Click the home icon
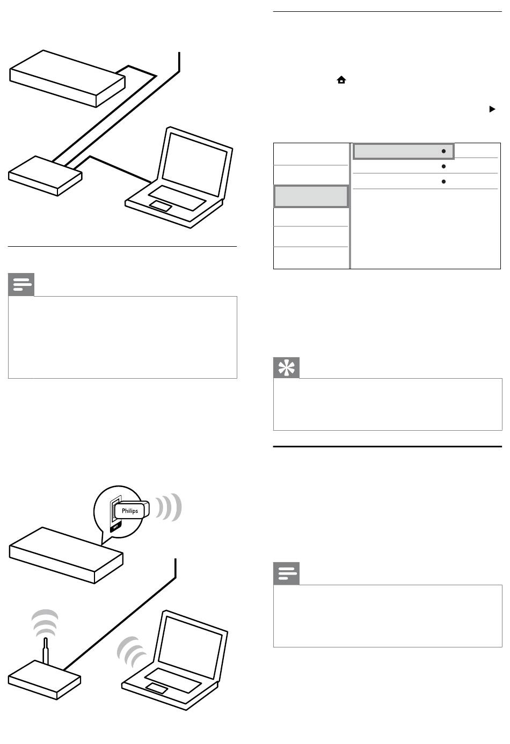(341, 80)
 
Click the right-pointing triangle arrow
(491, 109)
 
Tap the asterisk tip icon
(286, 367)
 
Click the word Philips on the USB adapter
(130, 511)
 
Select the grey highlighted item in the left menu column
(311, 196)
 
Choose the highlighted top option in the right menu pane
(403, 151)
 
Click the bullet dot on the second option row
(443, 167)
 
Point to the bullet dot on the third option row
(443, 182)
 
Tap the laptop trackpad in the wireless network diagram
(156, 688)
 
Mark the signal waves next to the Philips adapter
(169, 506)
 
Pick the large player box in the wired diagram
(67, 79)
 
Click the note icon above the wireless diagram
(21, 284)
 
